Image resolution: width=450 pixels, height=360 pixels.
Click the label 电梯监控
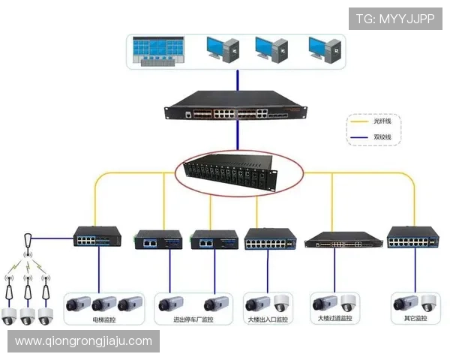pyautogui.click(x=103, y=319)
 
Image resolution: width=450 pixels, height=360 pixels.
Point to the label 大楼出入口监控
pyautogui.click(x=268, y=319)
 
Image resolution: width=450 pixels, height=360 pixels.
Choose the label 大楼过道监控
pyautogui.click(x=333, y=319)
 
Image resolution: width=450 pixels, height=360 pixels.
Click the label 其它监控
pyautogui.click(x=415, y=319)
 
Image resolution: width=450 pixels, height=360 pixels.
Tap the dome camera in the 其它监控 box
pyautogui.click(x=427, y=303)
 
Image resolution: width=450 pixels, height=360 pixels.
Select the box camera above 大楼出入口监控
pyautogui.click(x=257, y=304)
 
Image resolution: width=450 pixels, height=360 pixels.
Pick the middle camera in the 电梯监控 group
pyautogui.click(x=104, y=304)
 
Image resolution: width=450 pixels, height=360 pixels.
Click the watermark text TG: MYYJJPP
pyautogui.click(x=395, y=19)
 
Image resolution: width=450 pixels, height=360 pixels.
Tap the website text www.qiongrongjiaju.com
pyautogui.click(x=84, y=341)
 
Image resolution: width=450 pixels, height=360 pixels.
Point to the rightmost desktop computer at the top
pyautogui.click(x=325, y=49)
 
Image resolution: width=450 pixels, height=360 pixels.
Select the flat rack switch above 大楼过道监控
pyautogui.click(x=334, y=240)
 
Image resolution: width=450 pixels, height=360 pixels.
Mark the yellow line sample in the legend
pyautogui.click(x=358, y=120)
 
